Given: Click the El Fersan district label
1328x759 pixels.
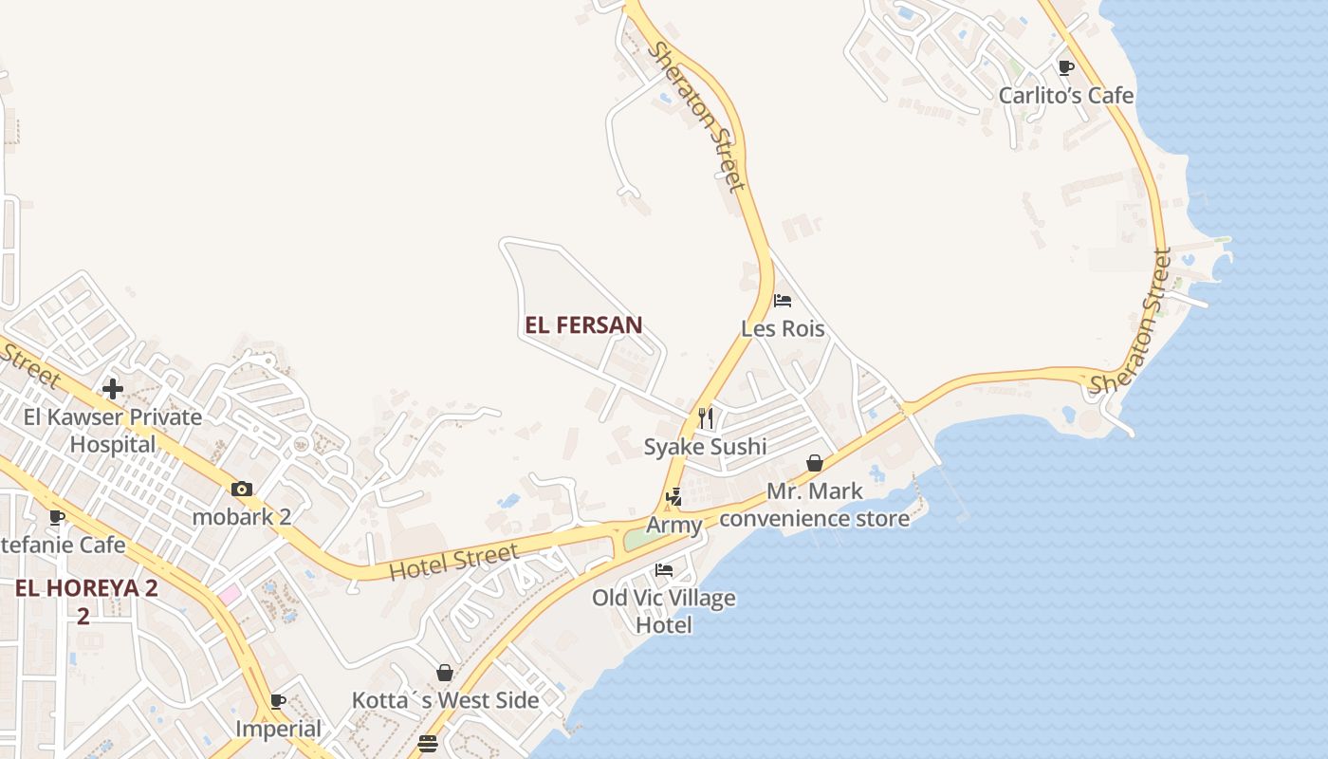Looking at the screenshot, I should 583,325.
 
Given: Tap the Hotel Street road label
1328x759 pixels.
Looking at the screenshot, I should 454,561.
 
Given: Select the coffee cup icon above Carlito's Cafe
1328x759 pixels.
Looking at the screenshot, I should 1065,67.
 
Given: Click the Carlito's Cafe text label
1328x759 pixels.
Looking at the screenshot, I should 1065,95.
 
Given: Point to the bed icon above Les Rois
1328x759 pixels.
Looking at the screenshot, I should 783,301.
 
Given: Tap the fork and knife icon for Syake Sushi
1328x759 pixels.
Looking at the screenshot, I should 706,417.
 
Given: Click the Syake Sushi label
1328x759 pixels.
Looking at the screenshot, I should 705,446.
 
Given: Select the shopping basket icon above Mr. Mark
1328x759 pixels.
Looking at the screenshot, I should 814,463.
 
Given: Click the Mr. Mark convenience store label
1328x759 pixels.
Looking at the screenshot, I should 815,505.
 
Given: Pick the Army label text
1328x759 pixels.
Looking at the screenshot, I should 674,525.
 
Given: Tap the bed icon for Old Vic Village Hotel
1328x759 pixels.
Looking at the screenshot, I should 664,570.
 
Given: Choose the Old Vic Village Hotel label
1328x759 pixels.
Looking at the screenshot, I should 664,611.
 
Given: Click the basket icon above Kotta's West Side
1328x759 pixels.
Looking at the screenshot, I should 445,673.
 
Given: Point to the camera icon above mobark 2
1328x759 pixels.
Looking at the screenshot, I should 242,490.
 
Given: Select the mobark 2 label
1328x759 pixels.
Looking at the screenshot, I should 242,517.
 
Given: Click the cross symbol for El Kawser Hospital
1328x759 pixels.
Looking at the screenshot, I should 113,389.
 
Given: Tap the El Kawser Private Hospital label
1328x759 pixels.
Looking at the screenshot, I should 113,430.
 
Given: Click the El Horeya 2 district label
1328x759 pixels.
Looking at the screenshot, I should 85,601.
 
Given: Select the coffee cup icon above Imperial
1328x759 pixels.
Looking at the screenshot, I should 278,702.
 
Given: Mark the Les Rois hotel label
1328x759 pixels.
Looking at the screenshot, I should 783,328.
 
